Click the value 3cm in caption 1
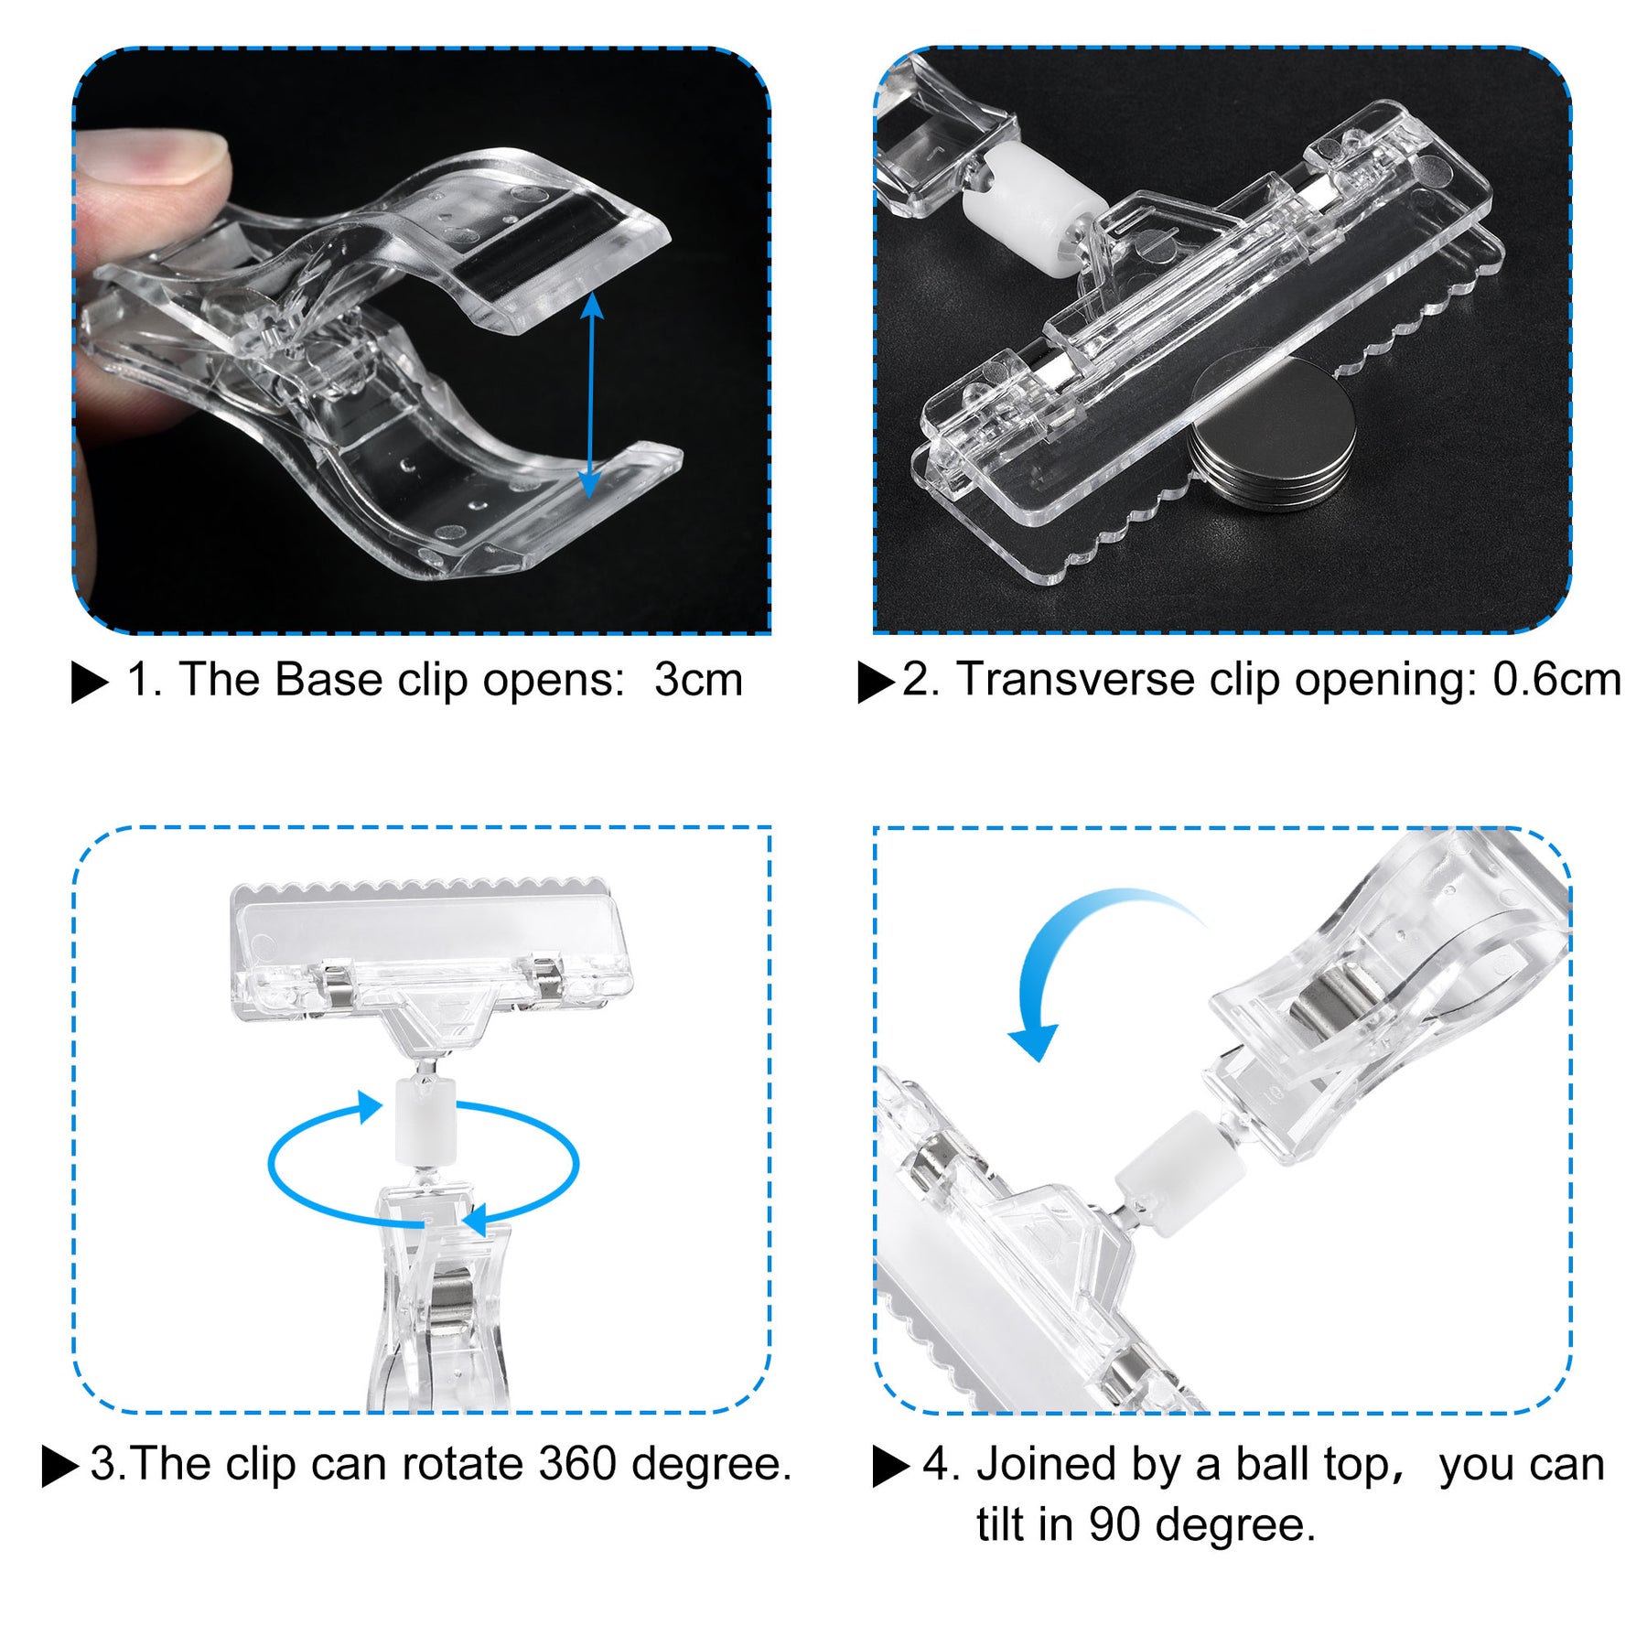coord(698,680)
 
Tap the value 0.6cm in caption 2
coord(1556,680)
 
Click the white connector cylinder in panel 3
coord(425,1120)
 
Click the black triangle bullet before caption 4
coord(890,1466)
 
